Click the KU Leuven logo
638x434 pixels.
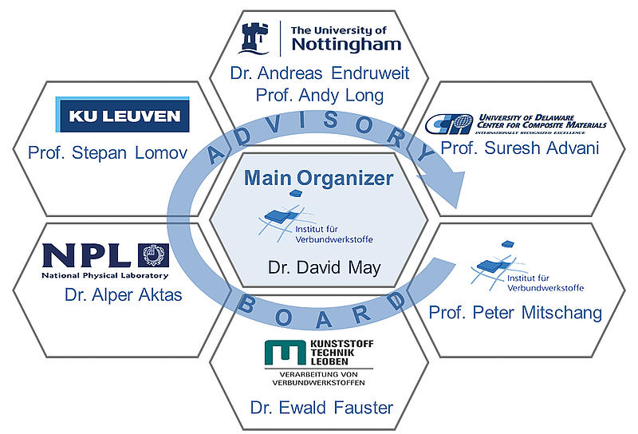(x=123, y=116)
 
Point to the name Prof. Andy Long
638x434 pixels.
(x=318, y=96)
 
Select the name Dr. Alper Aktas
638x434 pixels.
(x=124, y=295)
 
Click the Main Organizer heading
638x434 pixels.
(x=319, y=179)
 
